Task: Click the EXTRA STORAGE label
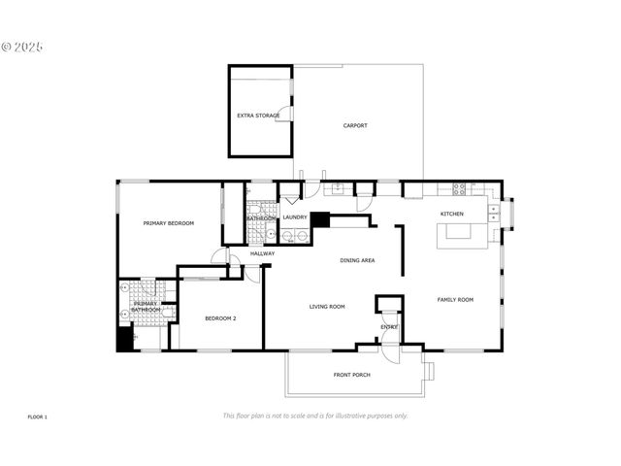[258, 116]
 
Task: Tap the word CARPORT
[355, 125]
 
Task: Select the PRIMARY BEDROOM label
[169, 223]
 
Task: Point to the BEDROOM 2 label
[221, 317]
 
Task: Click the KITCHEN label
[452, 214]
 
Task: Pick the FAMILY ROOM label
[455, 300]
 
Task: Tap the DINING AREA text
[357, 260]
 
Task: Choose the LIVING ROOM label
[327, 307]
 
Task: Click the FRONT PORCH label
[351, 375]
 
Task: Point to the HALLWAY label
[262, 253]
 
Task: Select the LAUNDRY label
[295, 217]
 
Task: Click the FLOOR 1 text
[37, 416]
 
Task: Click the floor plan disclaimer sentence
[315, 416]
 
